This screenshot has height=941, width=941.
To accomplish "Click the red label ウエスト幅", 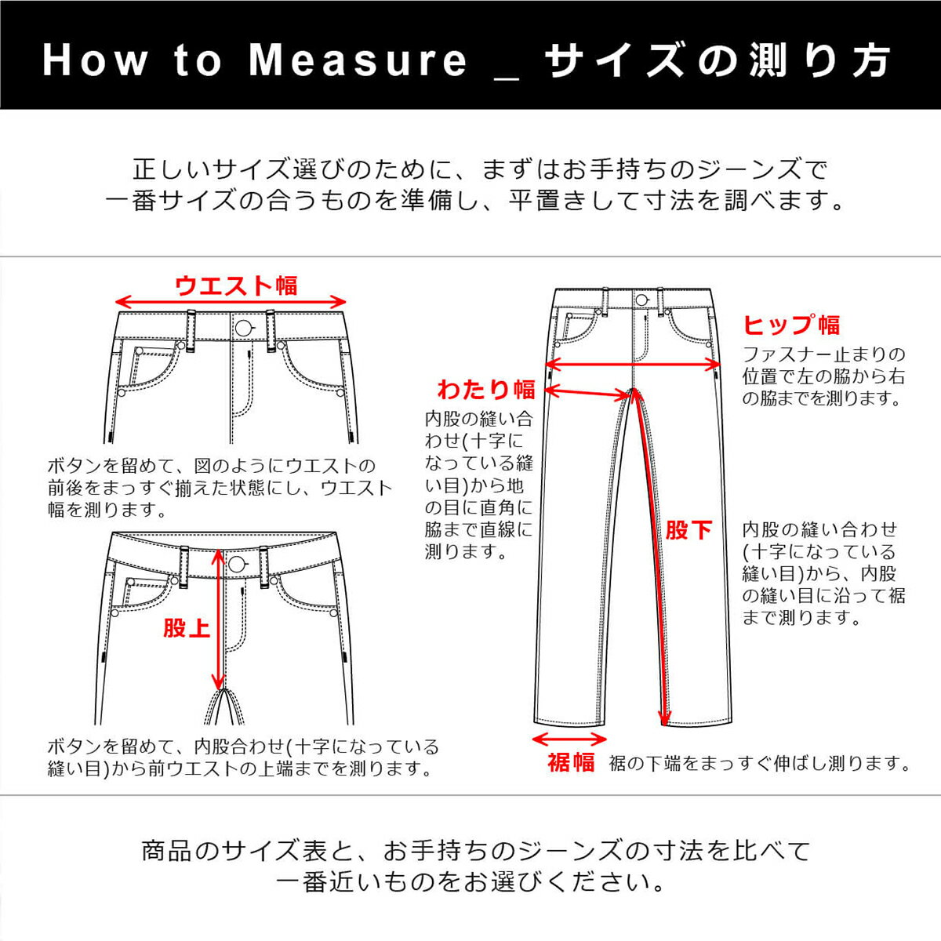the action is pos(236,285).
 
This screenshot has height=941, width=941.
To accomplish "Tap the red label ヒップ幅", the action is pos(790,325).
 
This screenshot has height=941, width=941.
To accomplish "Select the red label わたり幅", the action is pos(486,389).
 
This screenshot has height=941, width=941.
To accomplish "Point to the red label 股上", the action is pos(187,628).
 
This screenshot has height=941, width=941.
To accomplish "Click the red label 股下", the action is pos(688,530).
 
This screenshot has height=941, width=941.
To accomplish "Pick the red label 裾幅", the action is pos(571,761).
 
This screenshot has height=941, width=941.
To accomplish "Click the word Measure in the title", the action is pos(358,60).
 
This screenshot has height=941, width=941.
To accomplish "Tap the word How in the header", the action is pos(95,60).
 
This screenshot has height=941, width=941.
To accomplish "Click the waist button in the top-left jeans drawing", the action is pos(244,328).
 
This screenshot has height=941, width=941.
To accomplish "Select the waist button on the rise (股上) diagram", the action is pos(236,564).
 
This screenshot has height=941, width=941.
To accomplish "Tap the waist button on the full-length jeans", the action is pos(641,300).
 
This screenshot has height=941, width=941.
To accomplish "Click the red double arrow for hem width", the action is pos(569,739).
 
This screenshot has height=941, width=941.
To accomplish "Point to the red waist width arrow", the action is pos(231,302).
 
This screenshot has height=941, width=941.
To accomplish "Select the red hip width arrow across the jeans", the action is pos(632,364).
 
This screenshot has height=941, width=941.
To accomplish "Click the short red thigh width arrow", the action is pos(587,392).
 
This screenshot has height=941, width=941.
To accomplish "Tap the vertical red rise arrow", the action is pos(219,619).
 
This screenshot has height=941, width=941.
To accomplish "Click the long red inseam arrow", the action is pos(648,557).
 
